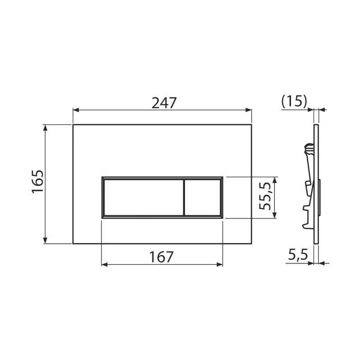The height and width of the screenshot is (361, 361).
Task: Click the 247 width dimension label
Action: (164, 103)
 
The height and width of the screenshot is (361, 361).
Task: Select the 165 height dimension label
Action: (37, 182)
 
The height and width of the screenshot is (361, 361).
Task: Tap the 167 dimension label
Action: (161, 257)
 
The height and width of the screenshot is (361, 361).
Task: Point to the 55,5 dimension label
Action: (264, 196)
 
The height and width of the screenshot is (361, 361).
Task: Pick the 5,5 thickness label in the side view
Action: (298, 255)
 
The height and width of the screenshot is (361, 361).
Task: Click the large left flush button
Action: (144, 198)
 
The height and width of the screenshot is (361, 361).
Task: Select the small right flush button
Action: (203, 198)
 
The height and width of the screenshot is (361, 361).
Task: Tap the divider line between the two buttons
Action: (184, 198)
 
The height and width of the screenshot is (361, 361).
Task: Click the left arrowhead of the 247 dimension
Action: (76, 110)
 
